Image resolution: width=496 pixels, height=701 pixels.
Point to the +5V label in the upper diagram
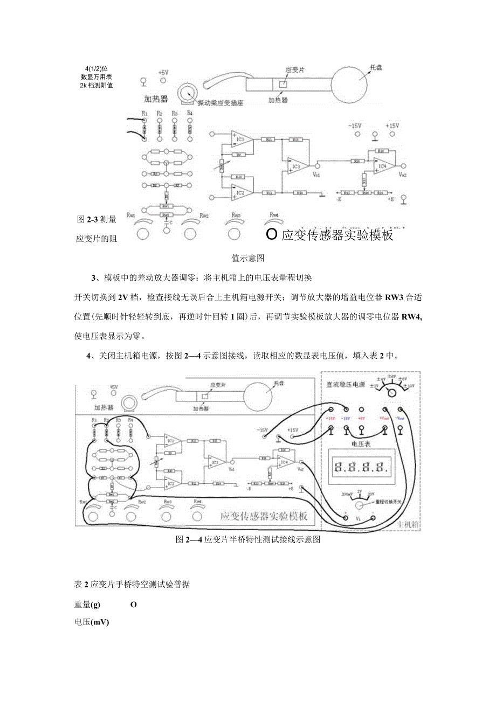tap(163, 72)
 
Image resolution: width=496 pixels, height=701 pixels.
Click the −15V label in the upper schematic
tap(354, 126)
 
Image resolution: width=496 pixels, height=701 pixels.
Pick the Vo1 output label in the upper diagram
tap(317, 175)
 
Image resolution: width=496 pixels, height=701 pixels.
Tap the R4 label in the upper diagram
tap(189, 113)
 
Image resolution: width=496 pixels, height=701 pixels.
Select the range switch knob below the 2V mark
tap(358, 505)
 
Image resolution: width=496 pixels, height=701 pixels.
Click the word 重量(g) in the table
tap(88, 605)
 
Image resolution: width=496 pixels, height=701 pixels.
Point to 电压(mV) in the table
tap(92, 622)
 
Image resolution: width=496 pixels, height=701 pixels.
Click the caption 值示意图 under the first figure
tap(247, 258)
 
